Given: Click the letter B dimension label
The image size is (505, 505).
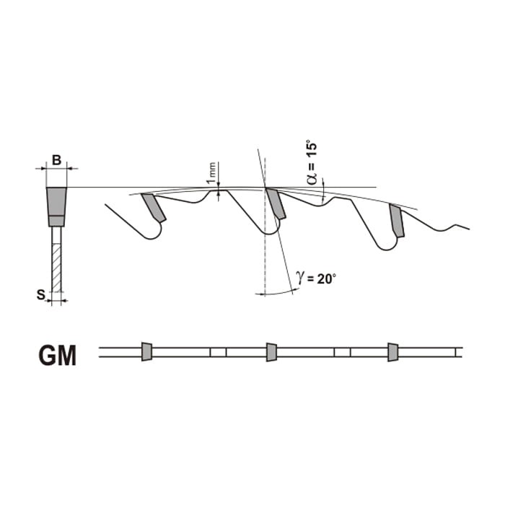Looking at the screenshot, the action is [57, 159].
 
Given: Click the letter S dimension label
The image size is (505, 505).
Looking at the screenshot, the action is [40, 294].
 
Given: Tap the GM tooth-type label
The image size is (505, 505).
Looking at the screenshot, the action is [58, 355].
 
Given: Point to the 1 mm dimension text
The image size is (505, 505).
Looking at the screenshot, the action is [212, 172].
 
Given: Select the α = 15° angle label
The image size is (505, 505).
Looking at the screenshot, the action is [312, 162].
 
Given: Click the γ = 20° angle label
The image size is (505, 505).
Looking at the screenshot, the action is [316, 278].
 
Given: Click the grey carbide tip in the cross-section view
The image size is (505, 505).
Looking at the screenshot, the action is [57, 206].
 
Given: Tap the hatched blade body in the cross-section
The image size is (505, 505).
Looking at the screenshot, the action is [56, 268].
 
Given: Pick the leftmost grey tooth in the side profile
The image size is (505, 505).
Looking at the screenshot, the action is [154, 208].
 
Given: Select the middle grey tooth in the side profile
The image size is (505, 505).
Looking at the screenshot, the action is [276, 203].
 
